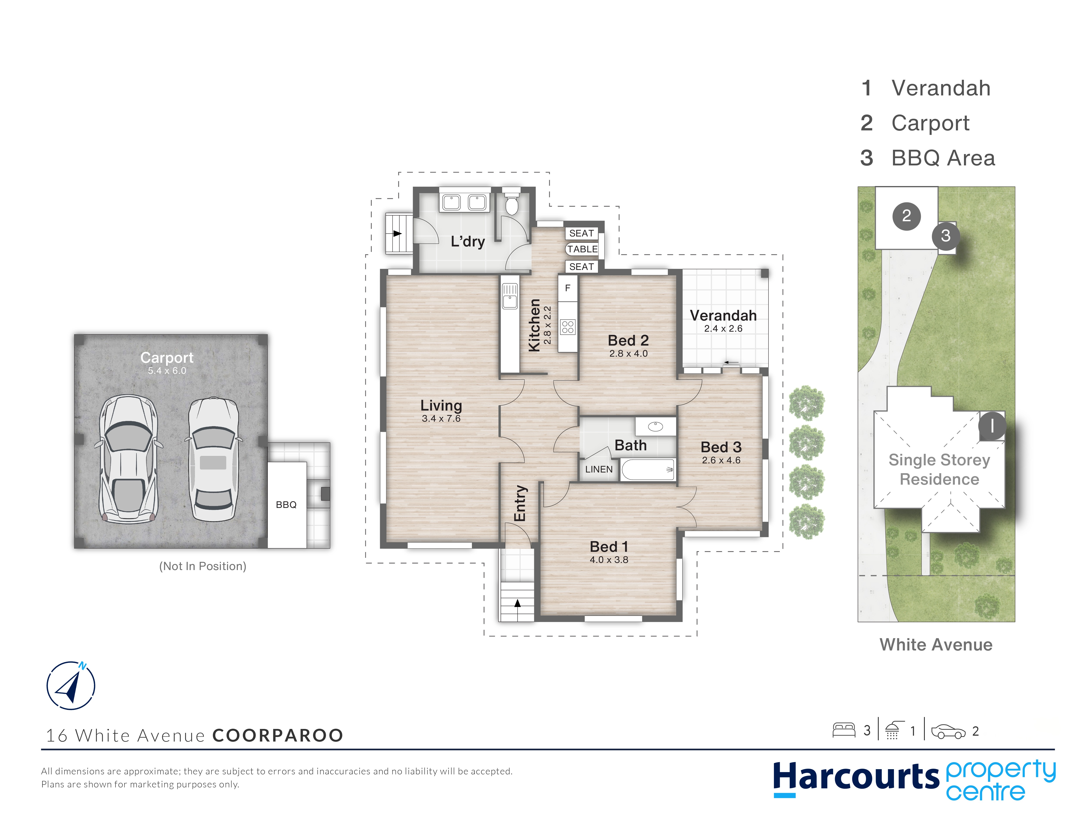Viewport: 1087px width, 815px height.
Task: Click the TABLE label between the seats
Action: click(582, 249)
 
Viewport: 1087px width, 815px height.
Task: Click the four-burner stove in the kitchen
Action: click(568, 327)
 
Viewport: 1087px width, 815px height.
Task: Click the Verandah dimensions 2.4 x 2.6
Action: click(723, 329)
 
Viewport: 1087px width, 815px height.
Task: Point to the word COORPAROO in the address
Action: click(278, 735)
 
